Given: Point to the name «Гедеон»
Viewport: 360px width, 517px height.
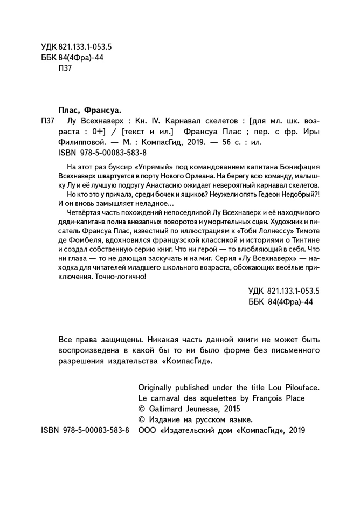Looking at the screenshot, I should pyautogui.click(x=271, y=196).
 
